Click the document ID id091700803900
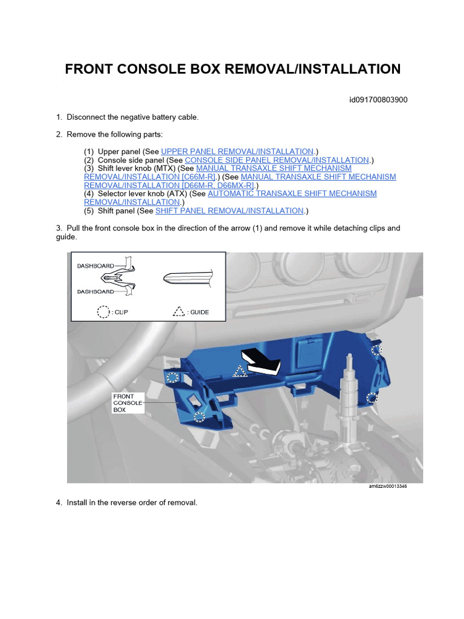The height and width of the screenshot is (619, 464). pyautogui.click(x=378, y=100)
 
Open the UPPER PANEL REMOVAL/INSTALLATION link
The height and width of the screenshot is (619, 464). pyautogui.click(x=237, y=151)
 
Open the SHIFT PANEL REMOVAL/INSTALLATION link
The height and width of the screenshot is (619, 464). pyautogui.click(x=230, y=210)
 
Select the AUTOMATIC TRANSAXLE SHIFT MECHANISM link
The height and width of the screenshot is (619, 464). pyautogui.click(x=292, y=193)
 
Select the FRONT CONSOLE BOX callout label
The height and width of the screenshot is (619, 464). pyautogui.click(x=128, y=403)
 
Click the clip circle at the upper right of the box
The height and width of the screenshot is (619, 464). pyautogui.click(x=376, y=350)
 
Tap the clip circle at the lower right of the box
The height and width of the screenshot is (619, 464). pyautogui.click(x=372, y=397)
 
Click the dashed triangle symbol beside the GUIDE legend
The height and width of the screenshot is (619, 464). pyautogui.click(x=178, y=312)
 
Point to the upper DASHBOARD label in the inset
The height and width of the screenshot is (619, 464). pyautogui.click(x=95, y=265)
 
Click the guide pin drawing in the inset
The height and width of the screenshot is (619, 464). pyautogui.click(x=186, y=278)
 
